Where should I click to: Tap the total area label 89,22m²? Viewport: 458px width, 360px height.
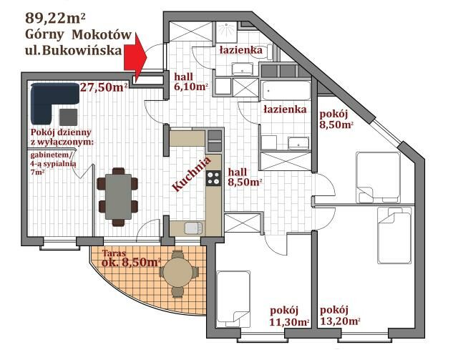click(55, 18)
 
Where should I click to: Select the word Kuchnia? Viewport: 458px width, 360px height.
click(191, 174)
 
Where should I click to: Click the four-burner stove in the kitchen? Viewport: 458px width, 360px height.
click(213, 178)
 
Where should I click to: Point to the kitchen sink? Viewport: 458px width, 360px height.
click(193, 228)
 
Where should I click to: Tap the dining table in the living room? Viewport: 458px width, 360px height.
click(118, 196)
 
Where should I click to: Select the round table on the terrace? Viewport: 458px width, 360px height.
click(178, 273)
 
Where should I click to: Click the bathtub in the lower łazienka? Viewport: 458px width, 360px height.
click(286, 91)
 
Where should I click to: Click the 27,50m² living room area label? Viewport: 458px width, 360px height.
click(104, 87)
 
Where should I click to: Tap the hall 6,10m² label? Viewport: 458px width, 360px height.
click(191, 82)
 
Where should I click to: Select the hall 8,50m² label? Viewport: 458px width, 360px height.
click(245, 177)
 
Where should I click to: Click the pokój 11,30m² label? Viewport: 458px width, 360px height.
click(289, 316)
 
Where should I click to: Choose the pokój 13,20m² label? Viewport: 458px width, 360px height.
click(340, 316)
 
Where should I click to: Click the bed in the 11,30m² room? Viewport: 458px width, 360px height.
click(233, 298)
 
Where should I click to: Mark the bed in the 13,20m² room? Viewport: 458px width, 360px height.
click(394, 235)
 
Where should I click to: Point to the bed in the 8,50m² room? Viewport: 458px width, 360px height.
click(378, 177)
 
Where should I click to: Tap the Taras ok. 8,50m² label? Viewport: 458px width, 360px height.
click(132, 258)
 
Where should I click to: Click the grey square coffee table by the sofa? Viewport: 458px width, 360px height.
click(69, 117)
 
